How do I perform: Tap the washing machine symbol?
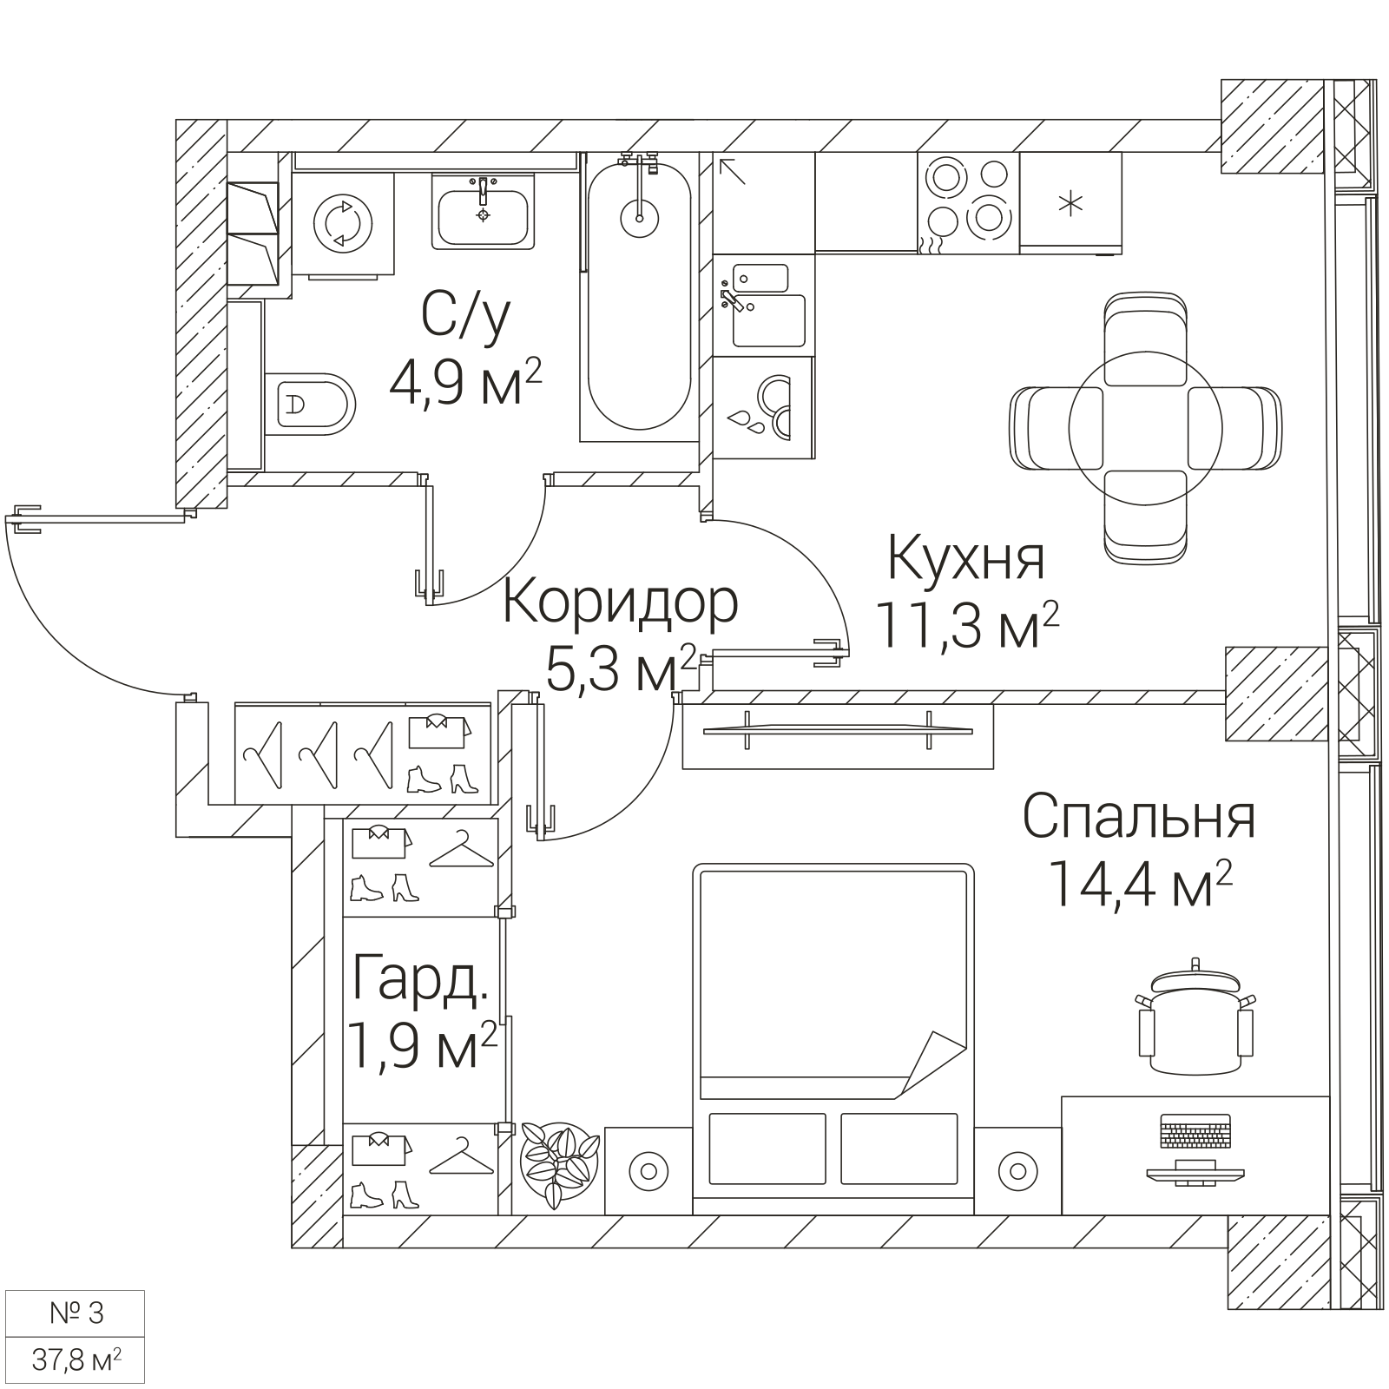pos(343,223)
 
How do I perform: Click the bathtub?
pos(640,296)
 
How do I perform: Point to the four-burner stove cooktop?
pos(968,203)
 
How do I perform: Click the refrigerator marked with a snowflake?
pos(1070,203)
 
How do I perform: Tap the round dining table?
pos(1146,427)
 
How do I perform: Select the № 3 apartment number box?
pos(76,1313)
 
